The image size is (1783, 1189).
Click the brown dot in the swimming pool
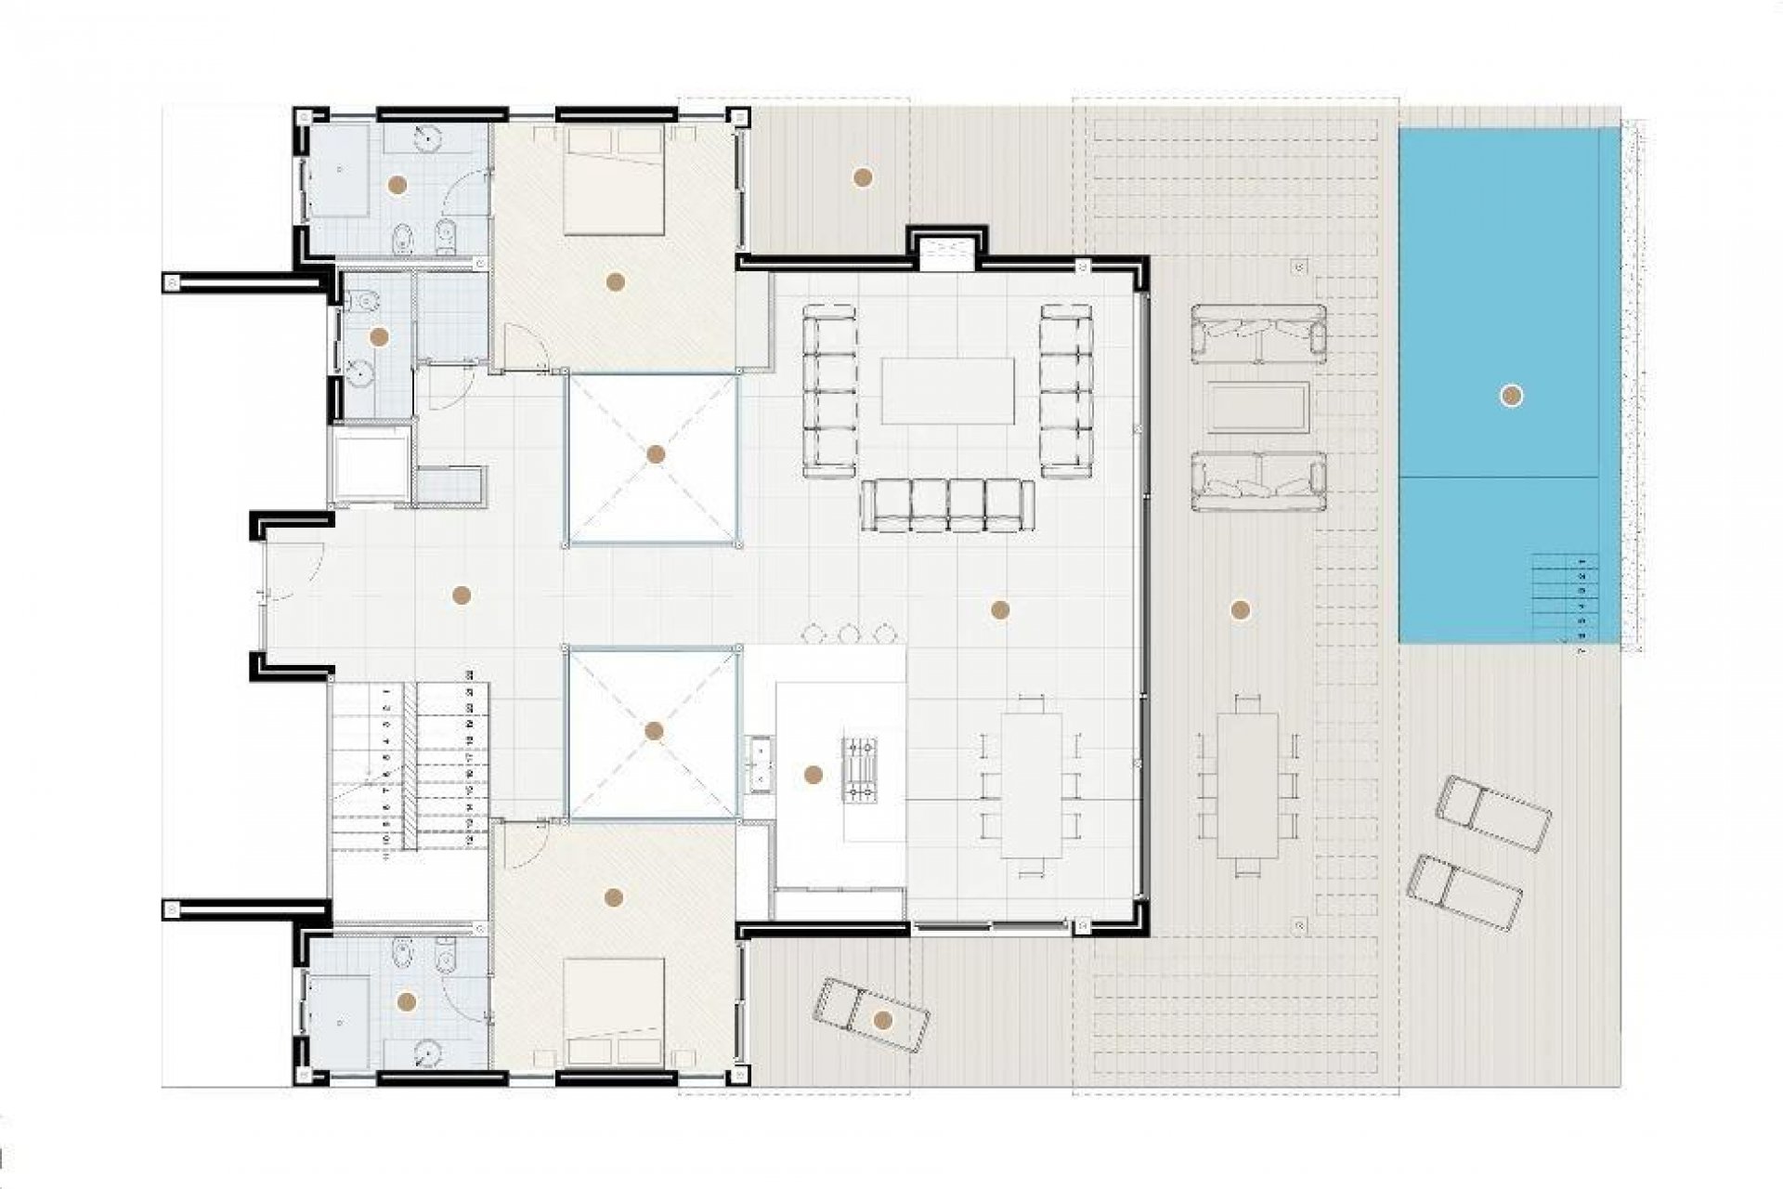point(1511,397)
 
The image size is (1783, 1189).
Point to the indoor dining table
point(1032,786)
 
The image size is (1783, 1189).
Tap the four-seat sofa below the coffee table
point(946,506)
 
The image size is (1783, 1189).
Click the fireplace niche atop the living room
point(946,252)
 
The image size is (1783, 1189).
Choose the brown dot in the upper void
point(656,454)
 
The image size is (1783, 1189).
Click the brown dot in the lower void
point(654,731)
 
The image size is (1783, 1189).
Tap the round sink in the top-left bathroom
point(425,137)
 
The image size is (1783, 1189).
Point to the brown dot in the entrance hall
point(461,595)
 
